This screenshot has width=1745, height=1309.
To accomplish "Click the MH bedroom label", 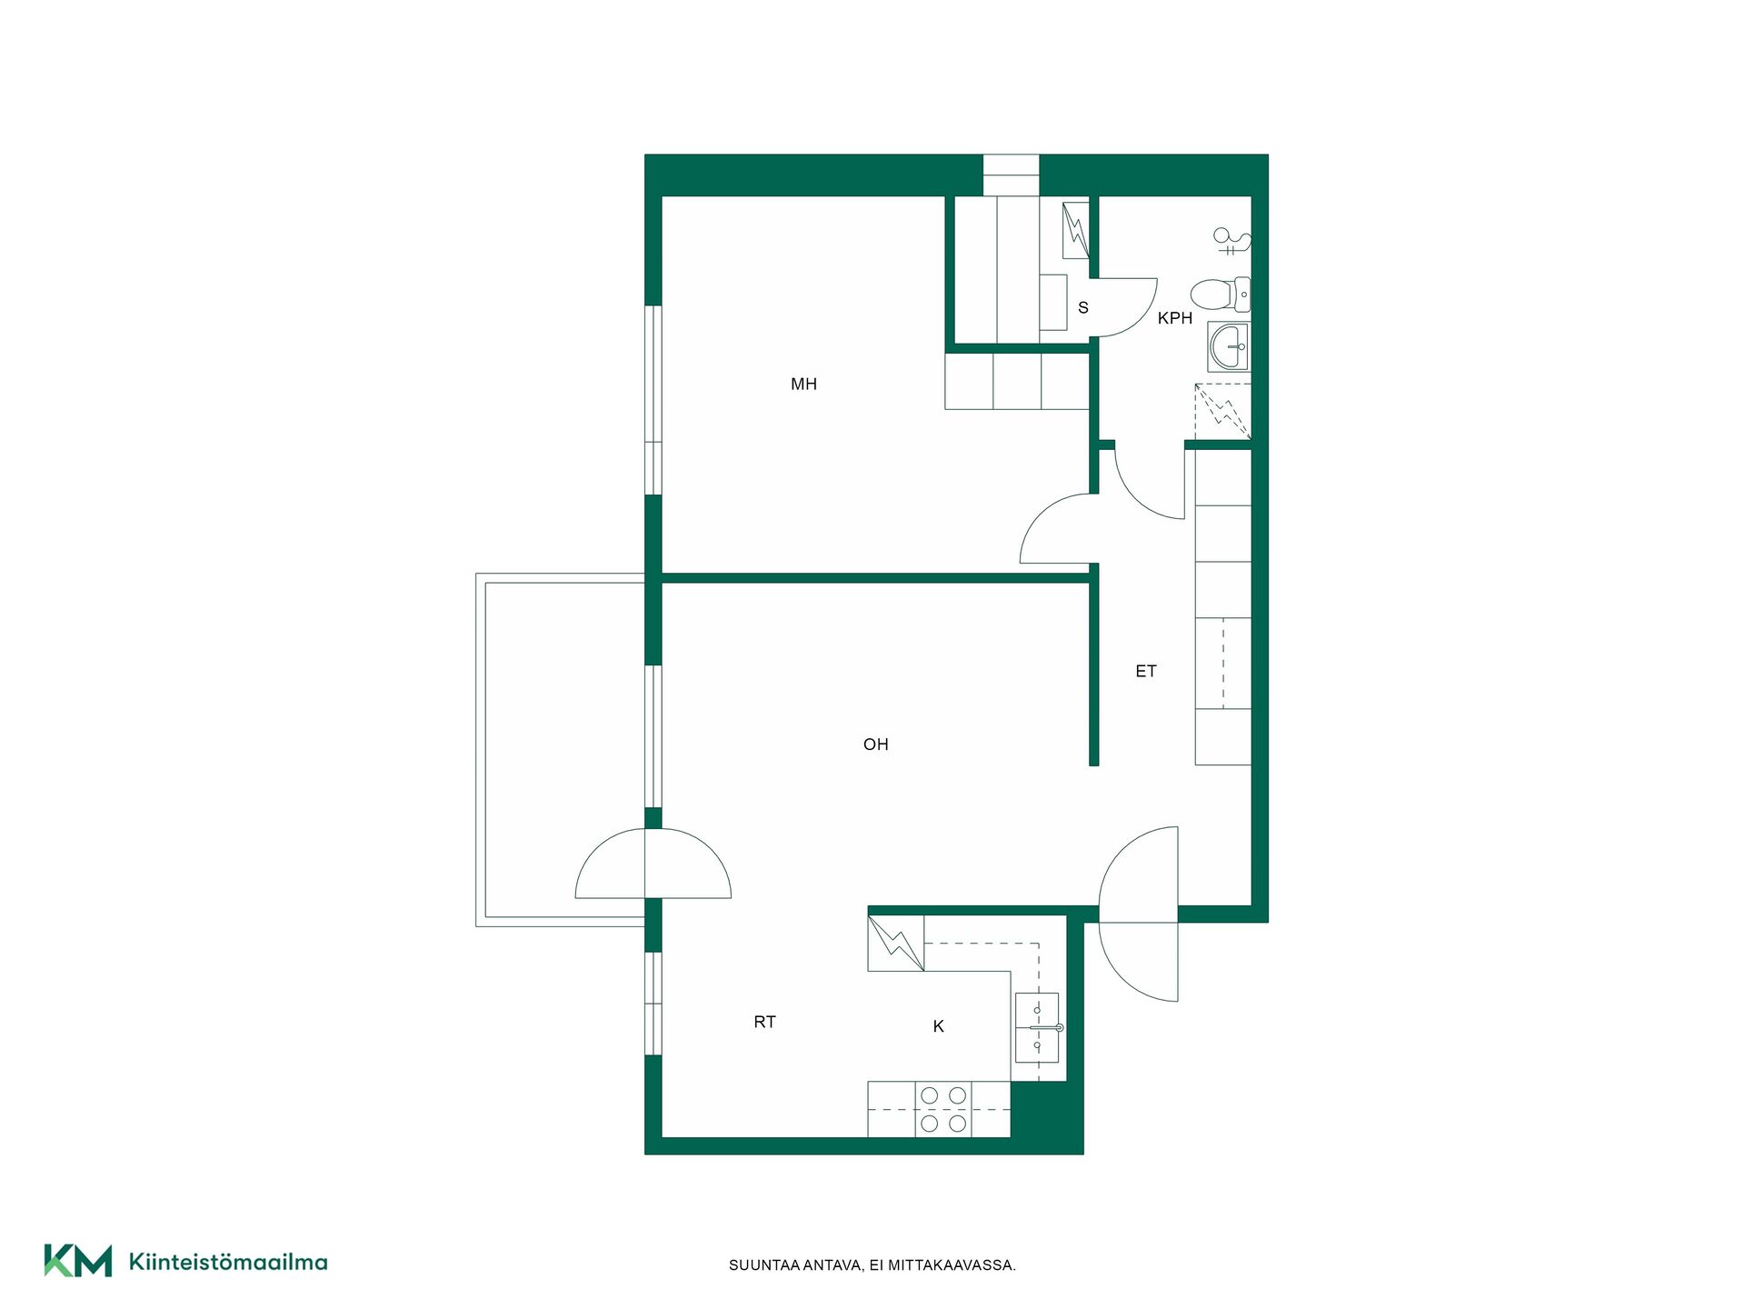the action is pyautogui.click(x=803, y=385).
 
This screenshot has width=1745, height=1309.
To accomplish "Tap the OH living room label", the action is pyautogui.click(x=875, y=744).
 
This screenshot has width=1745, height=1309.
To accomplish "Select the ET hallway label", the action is pyautogui.click(x=1145, y=672).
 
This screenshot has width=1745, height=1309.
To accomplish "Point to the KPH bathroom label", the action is pyautogui.click(x=1174, y=318).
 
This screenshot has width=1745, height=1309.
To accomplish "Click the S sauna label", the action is pyautogui.click(x=1082, y=308).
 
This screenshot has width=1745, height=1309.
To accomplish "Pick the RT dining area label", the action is pyautogui.click(x=764, y=1023).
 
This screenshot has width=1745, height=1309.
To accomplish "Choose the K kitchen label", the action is pyautogui.click(x=938, y=1026).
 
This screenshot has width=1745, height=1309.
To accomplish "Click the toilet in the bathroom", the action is pyautogui.click(x=1221, y=294).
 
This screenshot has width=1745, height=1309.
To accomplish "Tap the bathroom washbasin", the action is pyautogui.click(x=1229, y=345).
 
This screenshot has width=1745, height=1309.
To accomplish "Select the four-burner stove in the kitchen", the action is pyautogui.click(x=943, y=1109).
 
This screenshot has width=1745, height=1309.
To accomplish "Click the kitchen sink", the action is pyautogui.click(x=1038, y=1027).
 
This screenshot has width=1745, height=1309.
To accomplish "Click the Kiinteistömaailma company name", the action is pyautogui.click(x=228, y=1262).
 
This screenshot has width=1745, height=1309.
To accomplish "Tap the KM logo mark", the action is pyautogui.click(x=78, y=1261).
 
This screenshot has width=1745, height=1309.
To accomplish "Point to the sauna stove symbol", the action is pyautogui.click(x=1076, y=230).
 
